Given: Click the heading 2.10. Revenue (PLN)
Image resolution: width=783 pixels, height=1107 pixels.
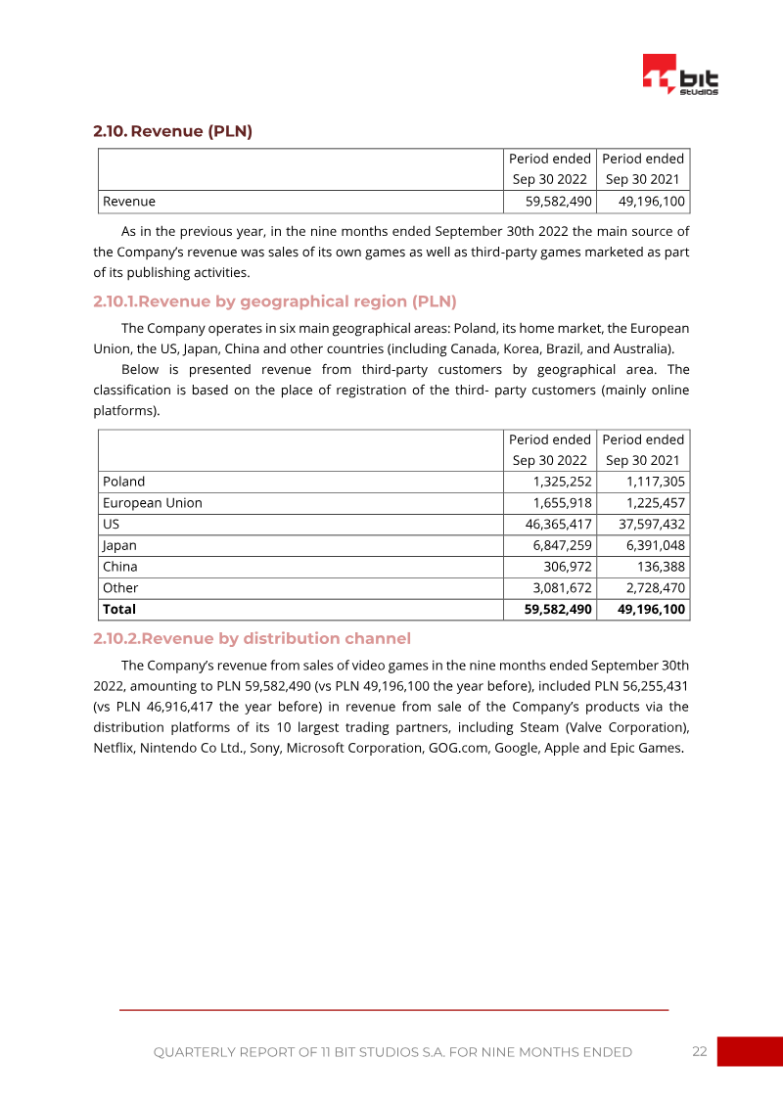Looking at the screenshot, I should point(172,131).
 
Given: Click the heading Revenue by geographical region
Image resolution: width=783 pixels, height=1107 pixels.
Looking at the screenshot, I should point(274,301).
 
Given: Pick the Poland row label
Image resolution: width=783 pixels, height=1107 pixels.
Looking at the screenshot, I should point(124,482).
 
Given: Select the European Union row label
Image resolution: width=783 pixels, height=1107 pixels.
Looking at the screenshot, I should point(153,503).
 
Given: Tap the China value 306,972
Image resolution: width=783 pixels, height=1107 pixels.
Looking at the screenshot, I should point(568,567).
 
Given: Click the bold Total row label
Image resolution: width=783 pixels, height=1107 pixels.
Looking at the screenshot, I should point(119,609).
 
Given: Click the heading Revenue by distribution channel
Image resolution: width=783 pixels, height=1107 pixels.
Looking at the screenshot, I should point(252,639).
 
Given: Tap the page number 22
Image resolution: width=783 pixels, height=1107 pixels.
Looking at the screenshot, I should point(699,1051).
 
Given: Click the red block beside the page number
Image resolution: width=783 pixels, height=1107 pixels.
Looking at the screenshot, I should point(750,1051).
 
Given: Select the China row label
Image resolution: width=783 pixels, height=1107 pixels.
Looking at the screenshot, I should point(120,567).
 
